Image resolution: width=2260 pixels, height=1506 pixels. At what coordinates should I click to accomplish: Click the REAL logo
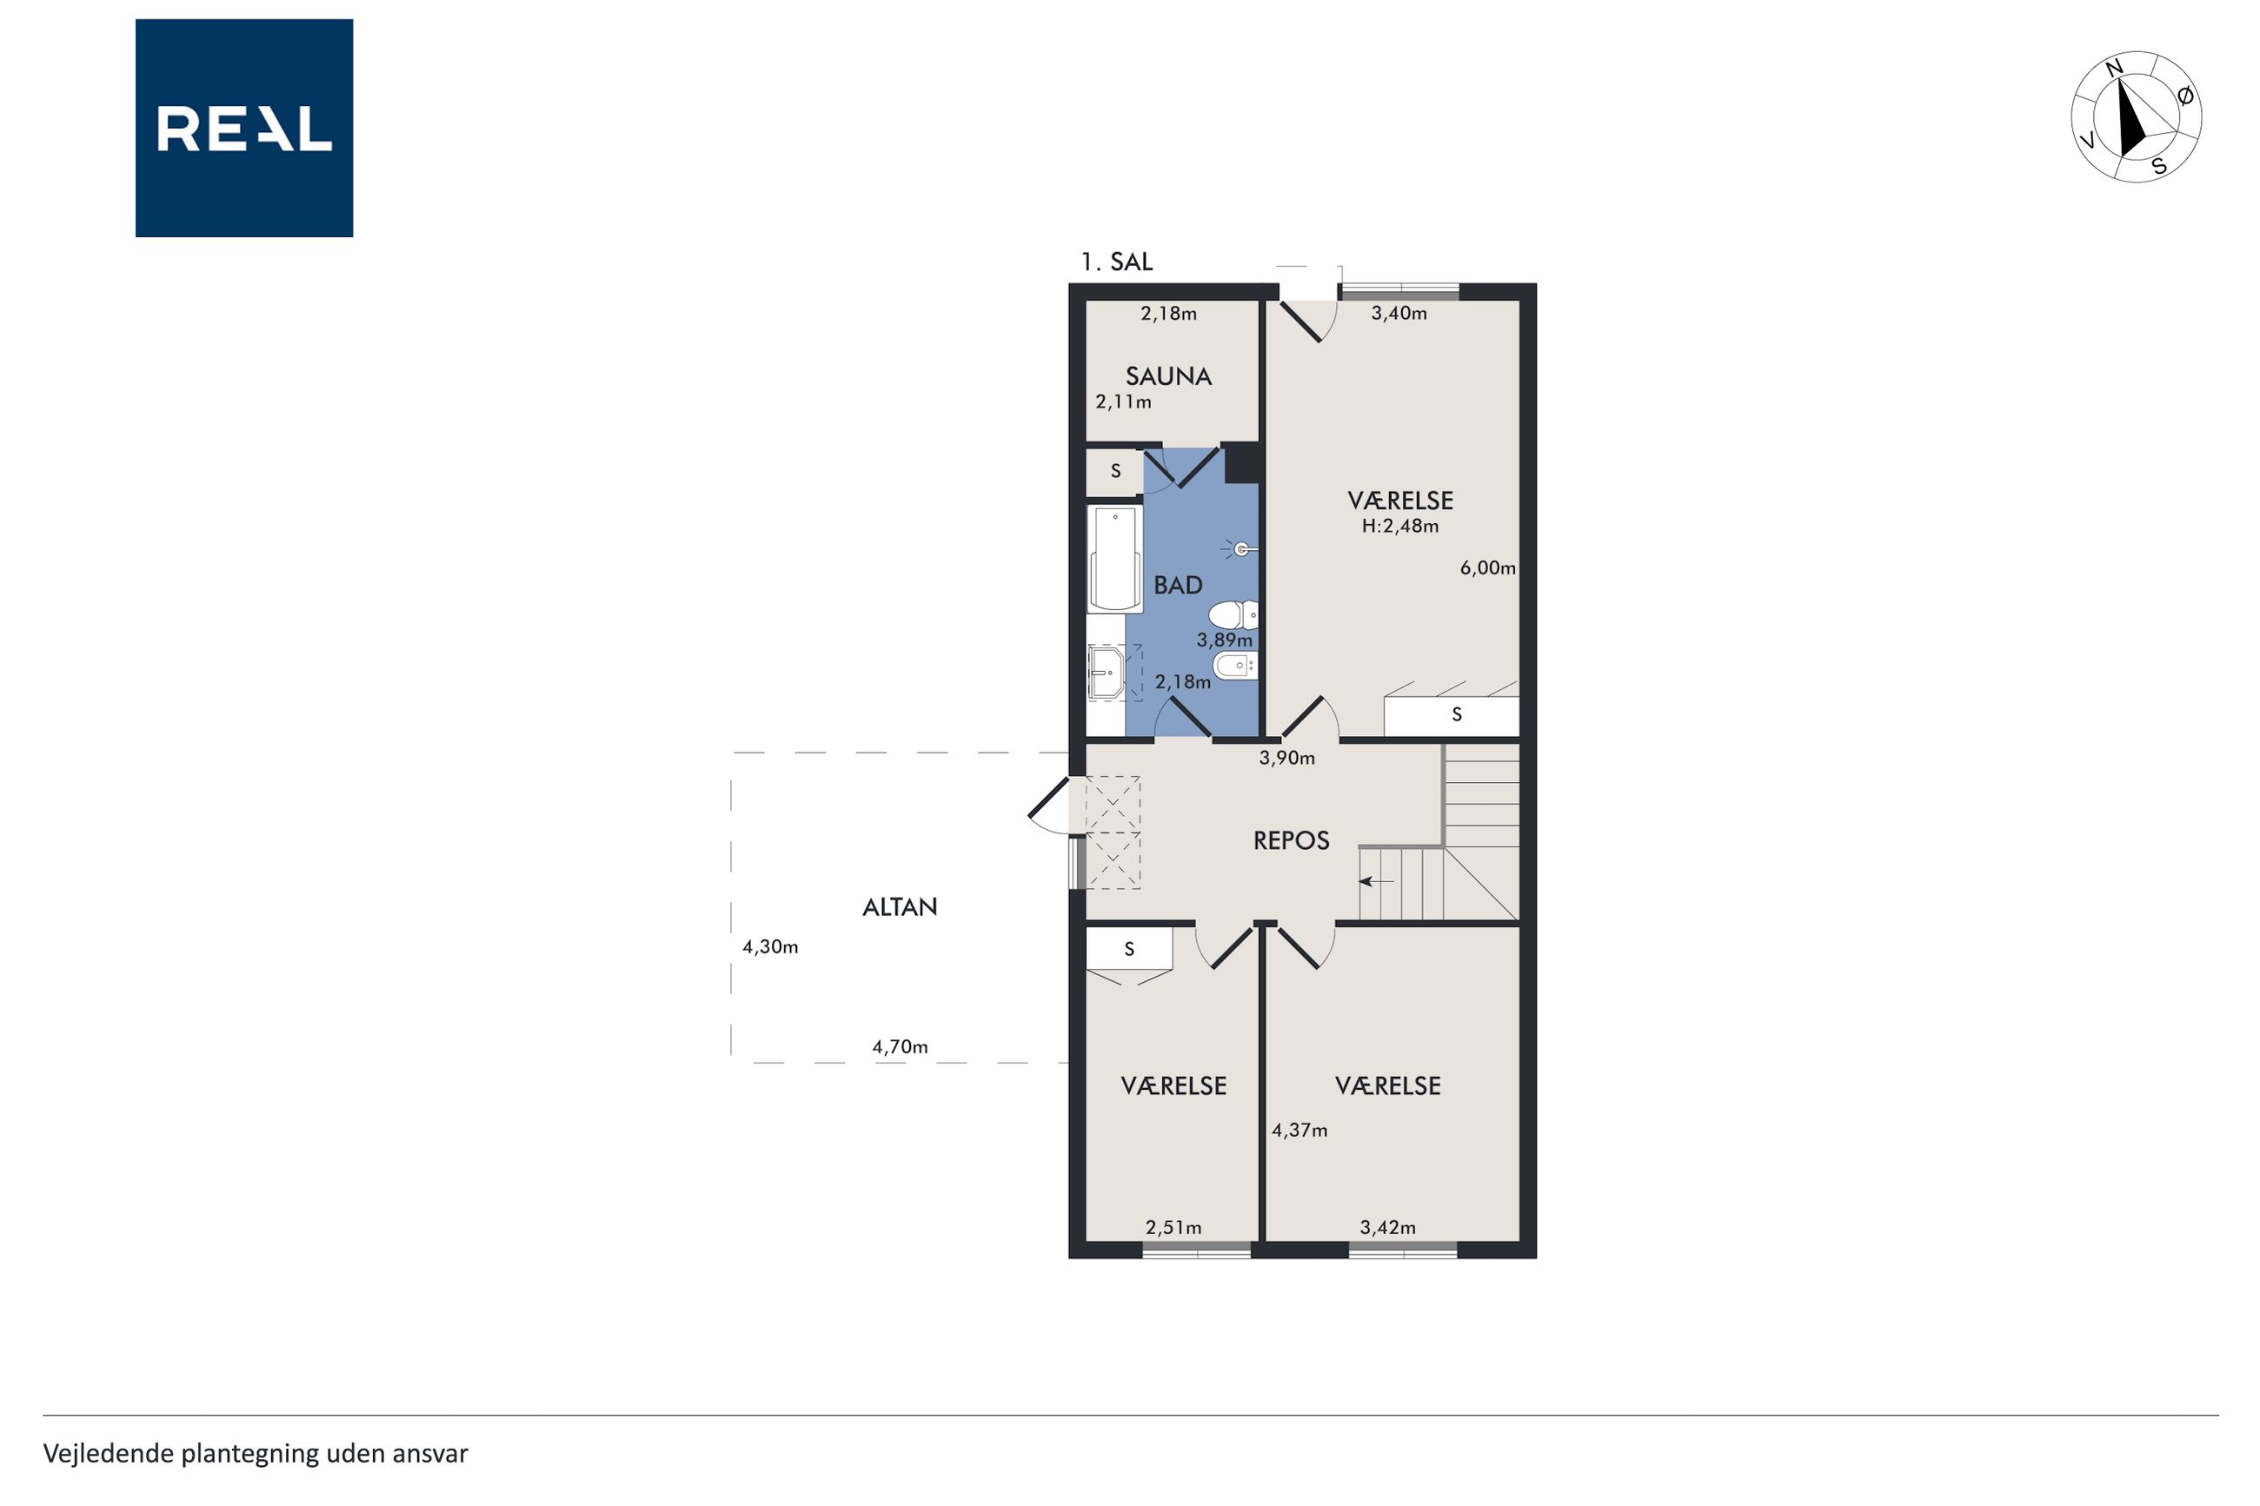pos(244,128)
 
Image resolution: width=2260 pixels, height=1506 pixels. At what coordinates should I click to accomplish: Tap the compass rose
pos(2136,117)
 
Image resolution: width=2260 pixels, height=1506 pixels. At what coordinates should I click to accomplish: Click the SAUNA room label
pos(1168,376)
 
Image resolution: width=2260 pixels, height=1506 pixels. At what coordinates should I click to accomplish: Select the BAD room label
pos(1178,585)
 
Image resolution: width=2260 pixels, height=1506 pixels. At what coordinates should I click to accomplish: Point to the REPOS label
pos(1291,840)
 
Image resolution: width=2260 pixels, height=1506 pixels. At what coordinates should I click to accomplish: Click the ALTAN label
pos(899,906)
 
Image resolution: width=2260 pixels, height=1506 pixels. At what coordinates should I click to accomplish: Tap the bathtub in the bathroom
pos(1115,559)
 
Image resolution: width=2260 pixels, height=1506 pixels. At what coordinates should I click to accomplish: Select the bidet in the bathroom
pos(1235,665)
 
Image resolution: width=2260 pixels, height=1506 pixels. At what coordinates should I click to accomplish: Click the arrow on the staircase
pos(1375,880)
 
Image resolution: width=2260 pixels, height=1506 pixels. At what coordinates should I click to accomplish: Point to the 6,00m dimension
pos(1486,567)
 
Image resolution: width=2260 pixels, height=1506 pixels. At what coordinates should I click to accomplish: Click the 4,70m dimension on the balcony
pos(899,1047)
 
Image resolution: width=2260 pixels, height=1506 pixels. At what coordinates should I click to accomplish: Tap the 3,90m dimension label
pos(1287,758)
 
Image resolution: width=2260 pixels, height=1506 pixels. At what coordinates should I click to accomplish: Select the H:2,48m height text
pos(1399,527)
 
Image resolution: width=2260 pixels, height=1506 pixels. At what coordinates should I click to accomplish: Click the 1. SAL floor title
pos(1116,262)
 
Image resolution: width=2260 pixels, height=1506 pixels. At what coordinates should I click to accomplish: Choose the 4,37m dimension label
pos(1299,1131)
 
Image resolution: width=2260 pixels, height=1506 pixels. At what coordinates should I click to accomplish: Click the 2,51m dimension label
pos(1173,1227)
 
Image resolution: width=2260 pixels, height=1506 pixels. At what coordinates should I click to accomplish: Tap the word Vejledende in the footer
pos(109,1453)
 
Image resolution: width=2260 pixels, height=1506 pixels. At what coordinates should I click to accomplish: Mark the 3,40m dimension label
pos(1399,313)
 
